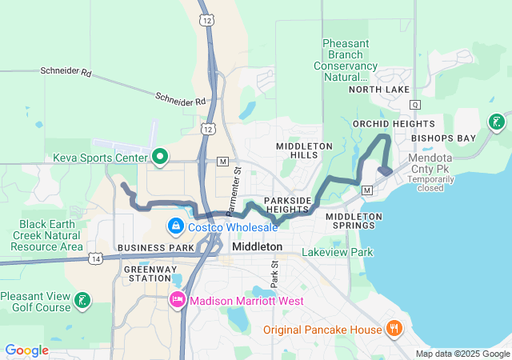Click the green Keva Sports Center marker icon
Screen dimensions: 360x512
coord(159,155)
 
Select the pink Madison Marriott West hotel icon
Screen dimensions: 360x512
coord(178,300)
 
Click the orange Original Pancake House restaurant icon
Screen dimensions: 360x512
coord(394,328)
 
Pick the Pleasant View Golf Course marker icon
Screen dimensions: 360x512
coord(82,301)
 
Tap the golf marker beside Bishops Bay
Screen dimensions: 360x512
coord(497,122)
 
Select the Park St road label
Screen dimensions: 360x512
coord(274,273)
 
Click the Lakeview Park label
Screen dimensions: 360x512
coord(338,252)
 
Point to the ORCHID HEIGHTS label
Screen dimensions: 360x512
coord(394,124)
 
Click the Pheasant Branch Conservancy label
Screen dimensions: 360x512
coord(351,61)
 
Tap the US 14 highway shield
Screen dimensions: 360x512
coord(96,258)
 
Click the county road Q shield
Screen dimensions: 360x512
coord(414,105)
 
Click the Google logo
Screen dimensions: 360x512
coord(27,350)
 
